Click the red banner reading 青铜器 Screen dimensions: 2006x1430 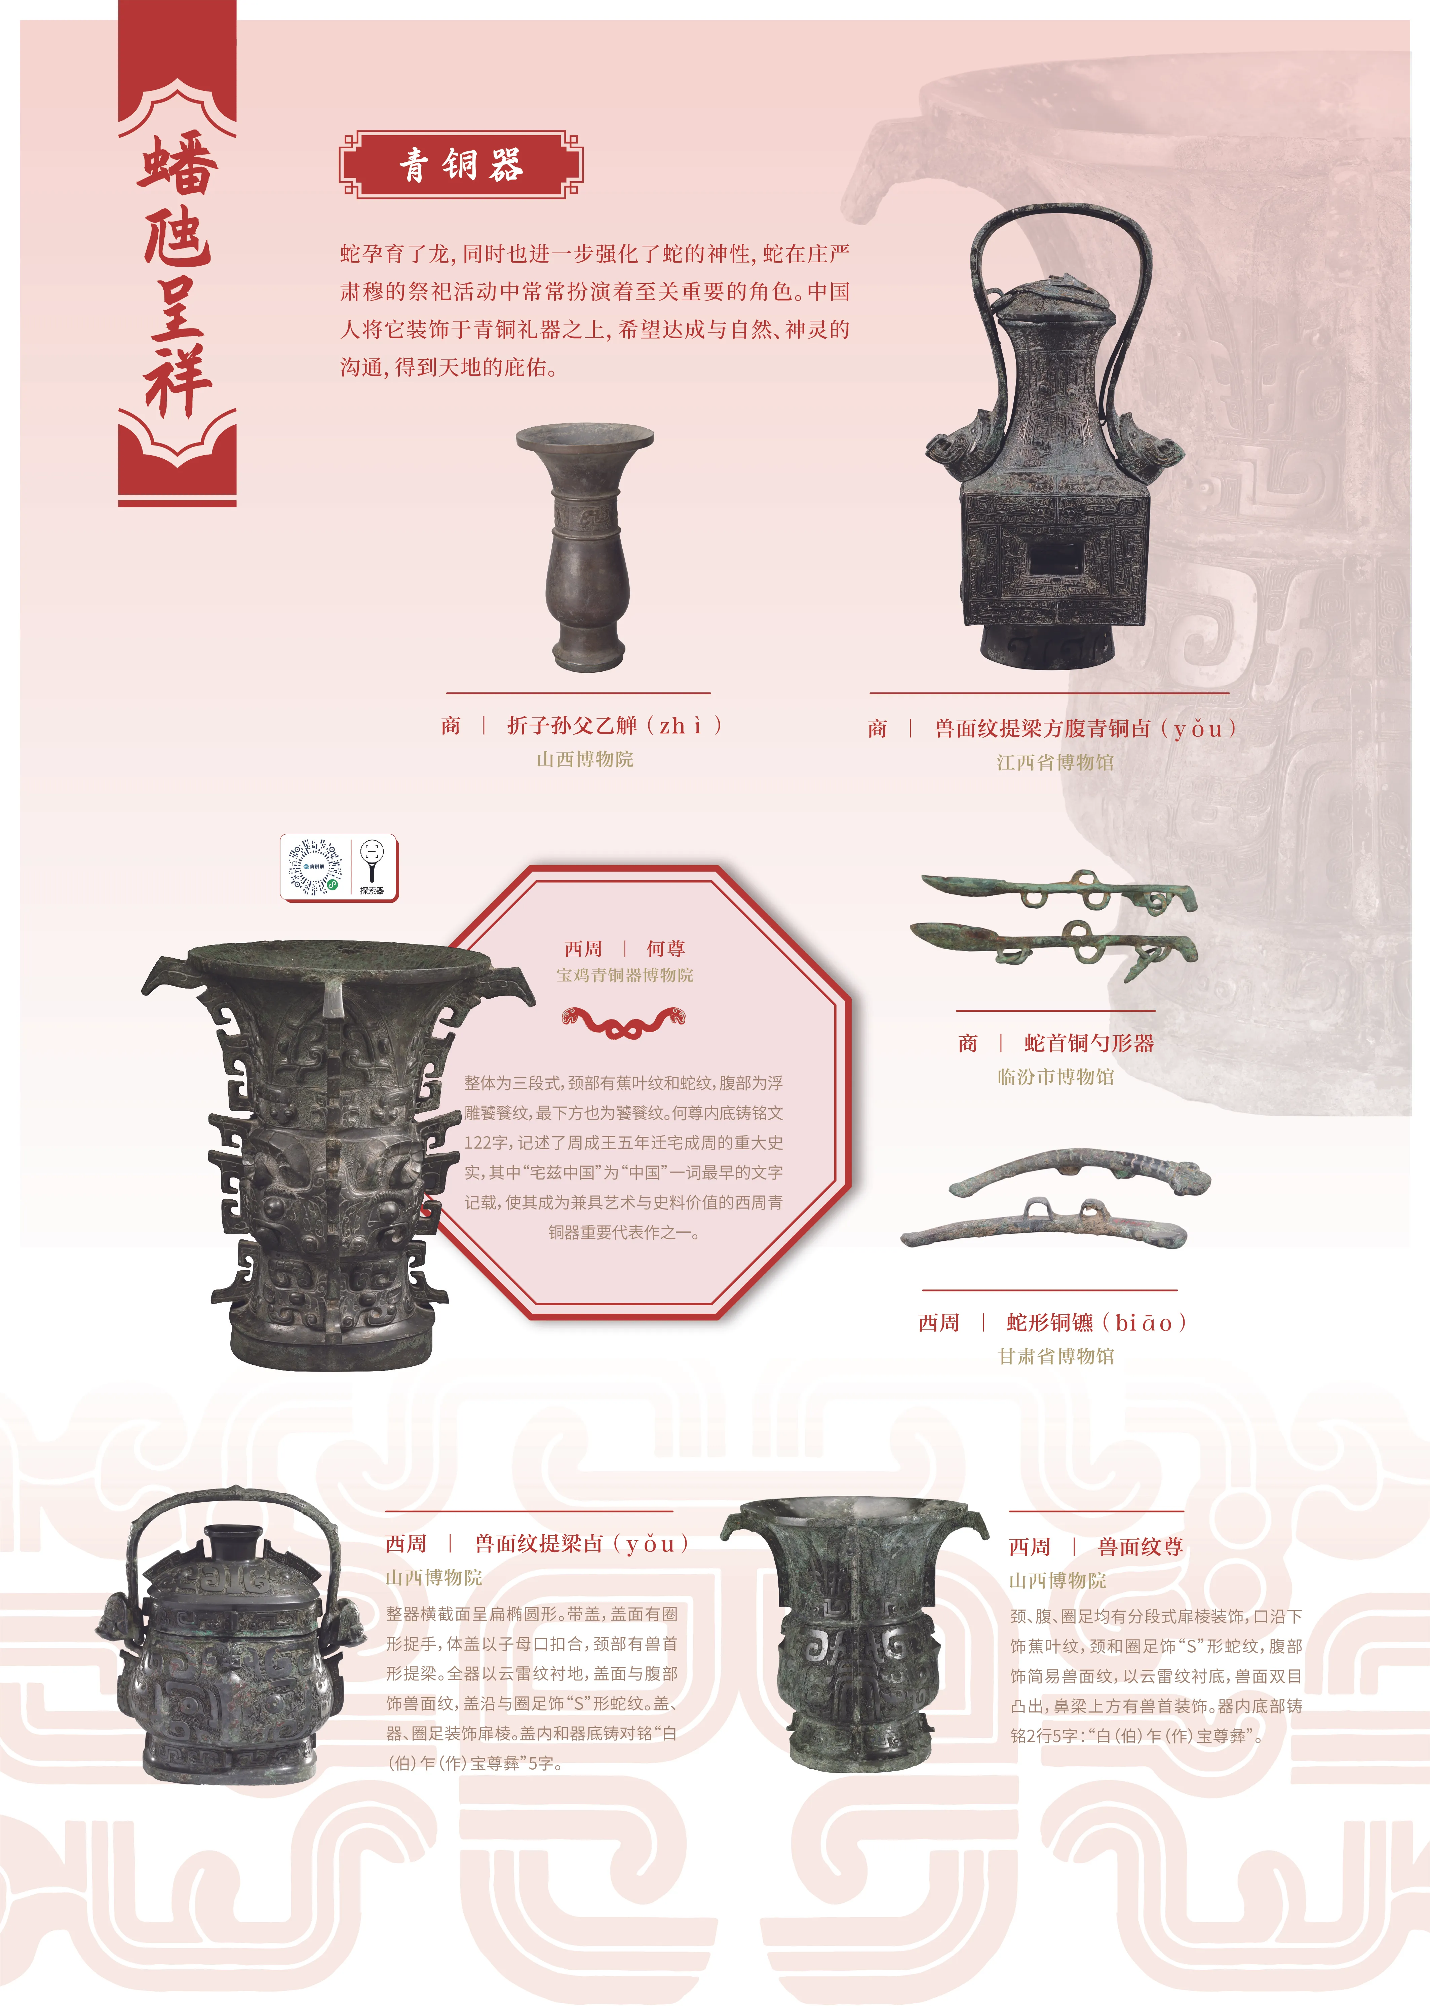(x=461, y=165)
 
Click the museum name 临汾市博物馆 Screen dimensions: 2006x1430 (x=1056, y=1077)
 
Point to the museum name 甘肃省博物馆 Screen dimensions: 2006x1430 (x=1056, y=1357)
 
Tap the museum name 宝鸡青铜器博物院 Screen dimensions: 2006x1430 (x=624, y=975)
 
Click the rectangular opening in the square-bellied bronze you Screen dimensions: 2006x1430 (x=1056, y=556)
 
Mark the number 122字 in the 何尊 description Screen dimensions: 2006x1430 (x=485, y=1143)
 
